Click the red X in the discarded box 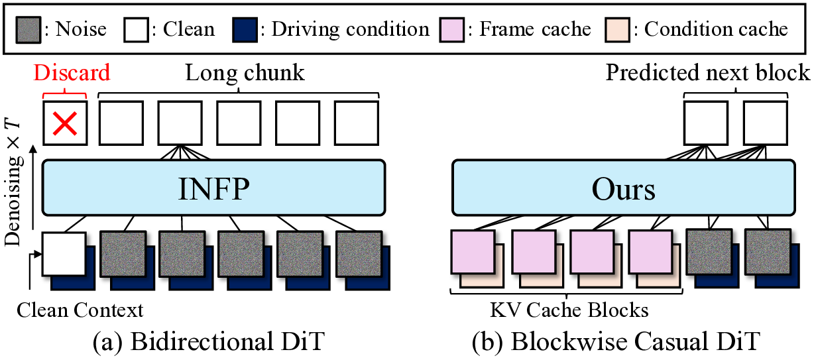click(x=64, y=123)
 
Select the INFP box click(x=213, y=188)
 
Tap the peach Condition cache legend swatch click(x=618, y=29)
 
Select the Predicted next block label click(x=708, y=72)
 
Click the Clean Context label click(x=80, y=309)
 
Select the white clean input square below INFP click(x=64, y=253)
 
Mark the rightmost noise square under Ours click(x=766, y=251)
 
